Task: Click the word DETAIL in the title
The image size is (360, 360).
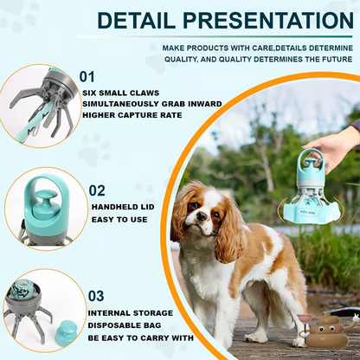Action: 136,21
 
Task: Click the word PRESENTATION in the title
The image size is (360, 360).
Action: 268,21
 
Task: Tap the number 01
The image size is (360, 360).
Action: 87,77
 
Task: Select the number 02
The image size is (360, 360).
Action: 97,190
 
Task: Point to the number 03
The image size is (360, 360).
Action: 96,296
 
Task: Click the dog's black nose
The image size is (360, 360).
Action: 202,215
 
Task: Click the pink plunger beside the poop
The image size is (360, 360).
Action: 304,324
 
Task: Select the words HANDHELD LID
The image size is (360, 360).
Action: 123,207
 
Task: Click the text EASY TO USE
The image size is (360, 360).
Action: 119,220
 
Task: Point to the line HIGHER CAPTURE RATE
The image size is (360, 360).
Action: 132,115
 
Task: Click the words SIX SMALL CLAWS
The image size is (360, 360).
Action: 120,93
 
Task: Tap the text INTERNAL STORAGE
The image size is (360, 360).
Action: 131,313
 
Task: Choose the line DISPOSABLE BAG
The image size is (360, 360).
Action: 125,325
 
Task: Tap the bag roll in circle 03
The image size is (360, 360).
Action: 24,288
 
